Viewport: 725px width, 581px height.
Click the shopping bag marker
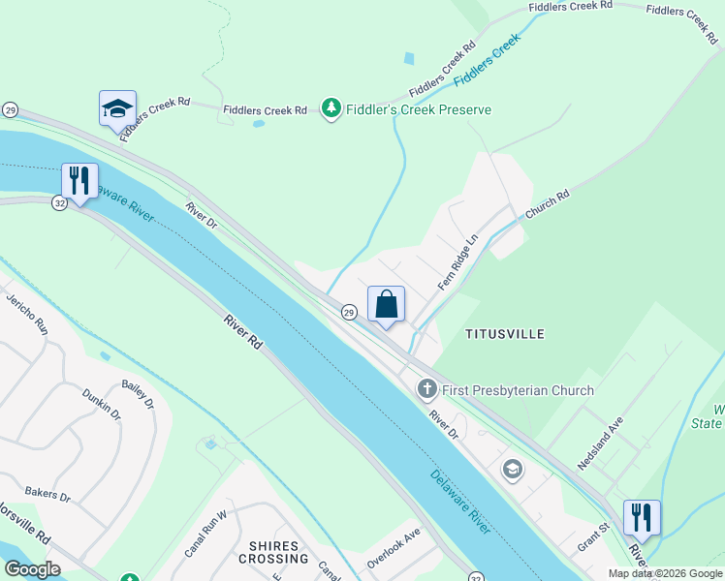click(x=386, y=305)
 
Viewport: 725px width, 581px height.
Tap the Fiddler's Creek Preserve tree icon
click(x=331, y=108)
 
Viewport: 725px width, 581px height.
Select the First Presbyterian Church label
click(x=518, y=390)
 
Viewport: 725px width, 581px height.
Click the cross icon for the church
click(x=426, y=390)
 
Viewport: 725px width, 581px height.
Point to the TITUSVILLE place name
click(x=505, y=334)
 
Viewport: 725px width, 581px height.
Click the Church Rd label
click(x=547, y=203)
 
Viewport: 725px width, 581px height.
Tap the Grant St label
click(x=592, y=534)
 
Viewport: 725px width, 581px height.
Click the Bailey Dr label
click(x=138, y=395)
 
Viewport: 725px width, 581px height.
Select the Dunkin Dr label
click(x=102, y=403)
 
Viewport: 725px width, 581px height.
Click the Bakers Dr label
click(x=47, y=495)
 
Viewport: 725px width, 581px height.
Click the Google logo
click(x=32, y=569)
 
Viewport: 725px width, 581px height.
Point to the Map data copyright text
click(x=664, y=573)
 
